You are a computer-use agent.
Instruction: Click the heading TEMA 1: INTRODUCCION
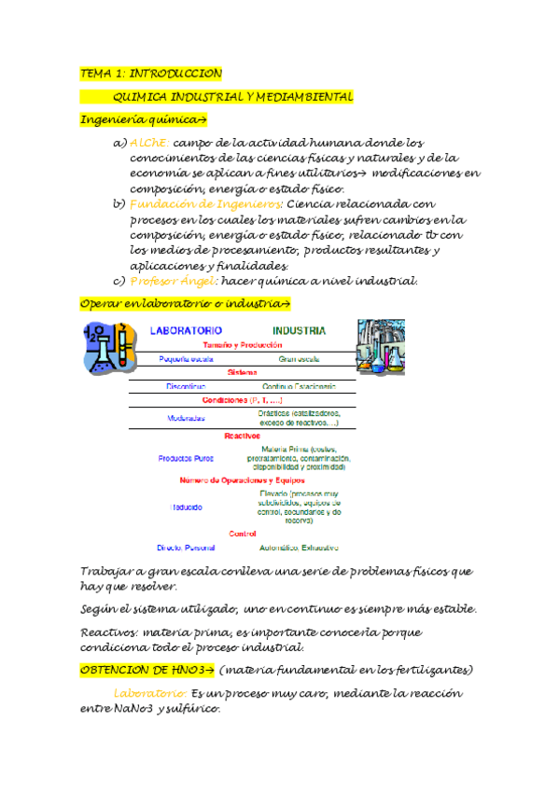(150, 73)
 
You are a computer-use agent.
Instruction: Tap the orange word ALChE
(148, 143)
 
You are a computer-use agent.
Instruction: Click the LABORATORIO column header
(186, 330)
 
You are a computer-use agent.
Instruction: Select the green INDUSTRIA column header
(299, 330)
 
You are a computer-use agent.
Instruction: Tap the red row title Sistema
(242, 371)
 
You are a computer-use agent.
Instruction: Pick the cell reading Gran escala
(299, 358)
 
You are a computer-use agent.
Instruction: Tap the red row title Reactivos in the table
(242, 435)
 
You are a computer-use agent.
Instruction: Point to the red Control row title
(242, 534)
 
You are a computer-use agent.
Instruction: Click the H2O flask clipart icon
(105, 349)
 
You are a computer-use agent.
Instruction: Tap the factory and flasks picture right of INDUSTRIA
(382, 347)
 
